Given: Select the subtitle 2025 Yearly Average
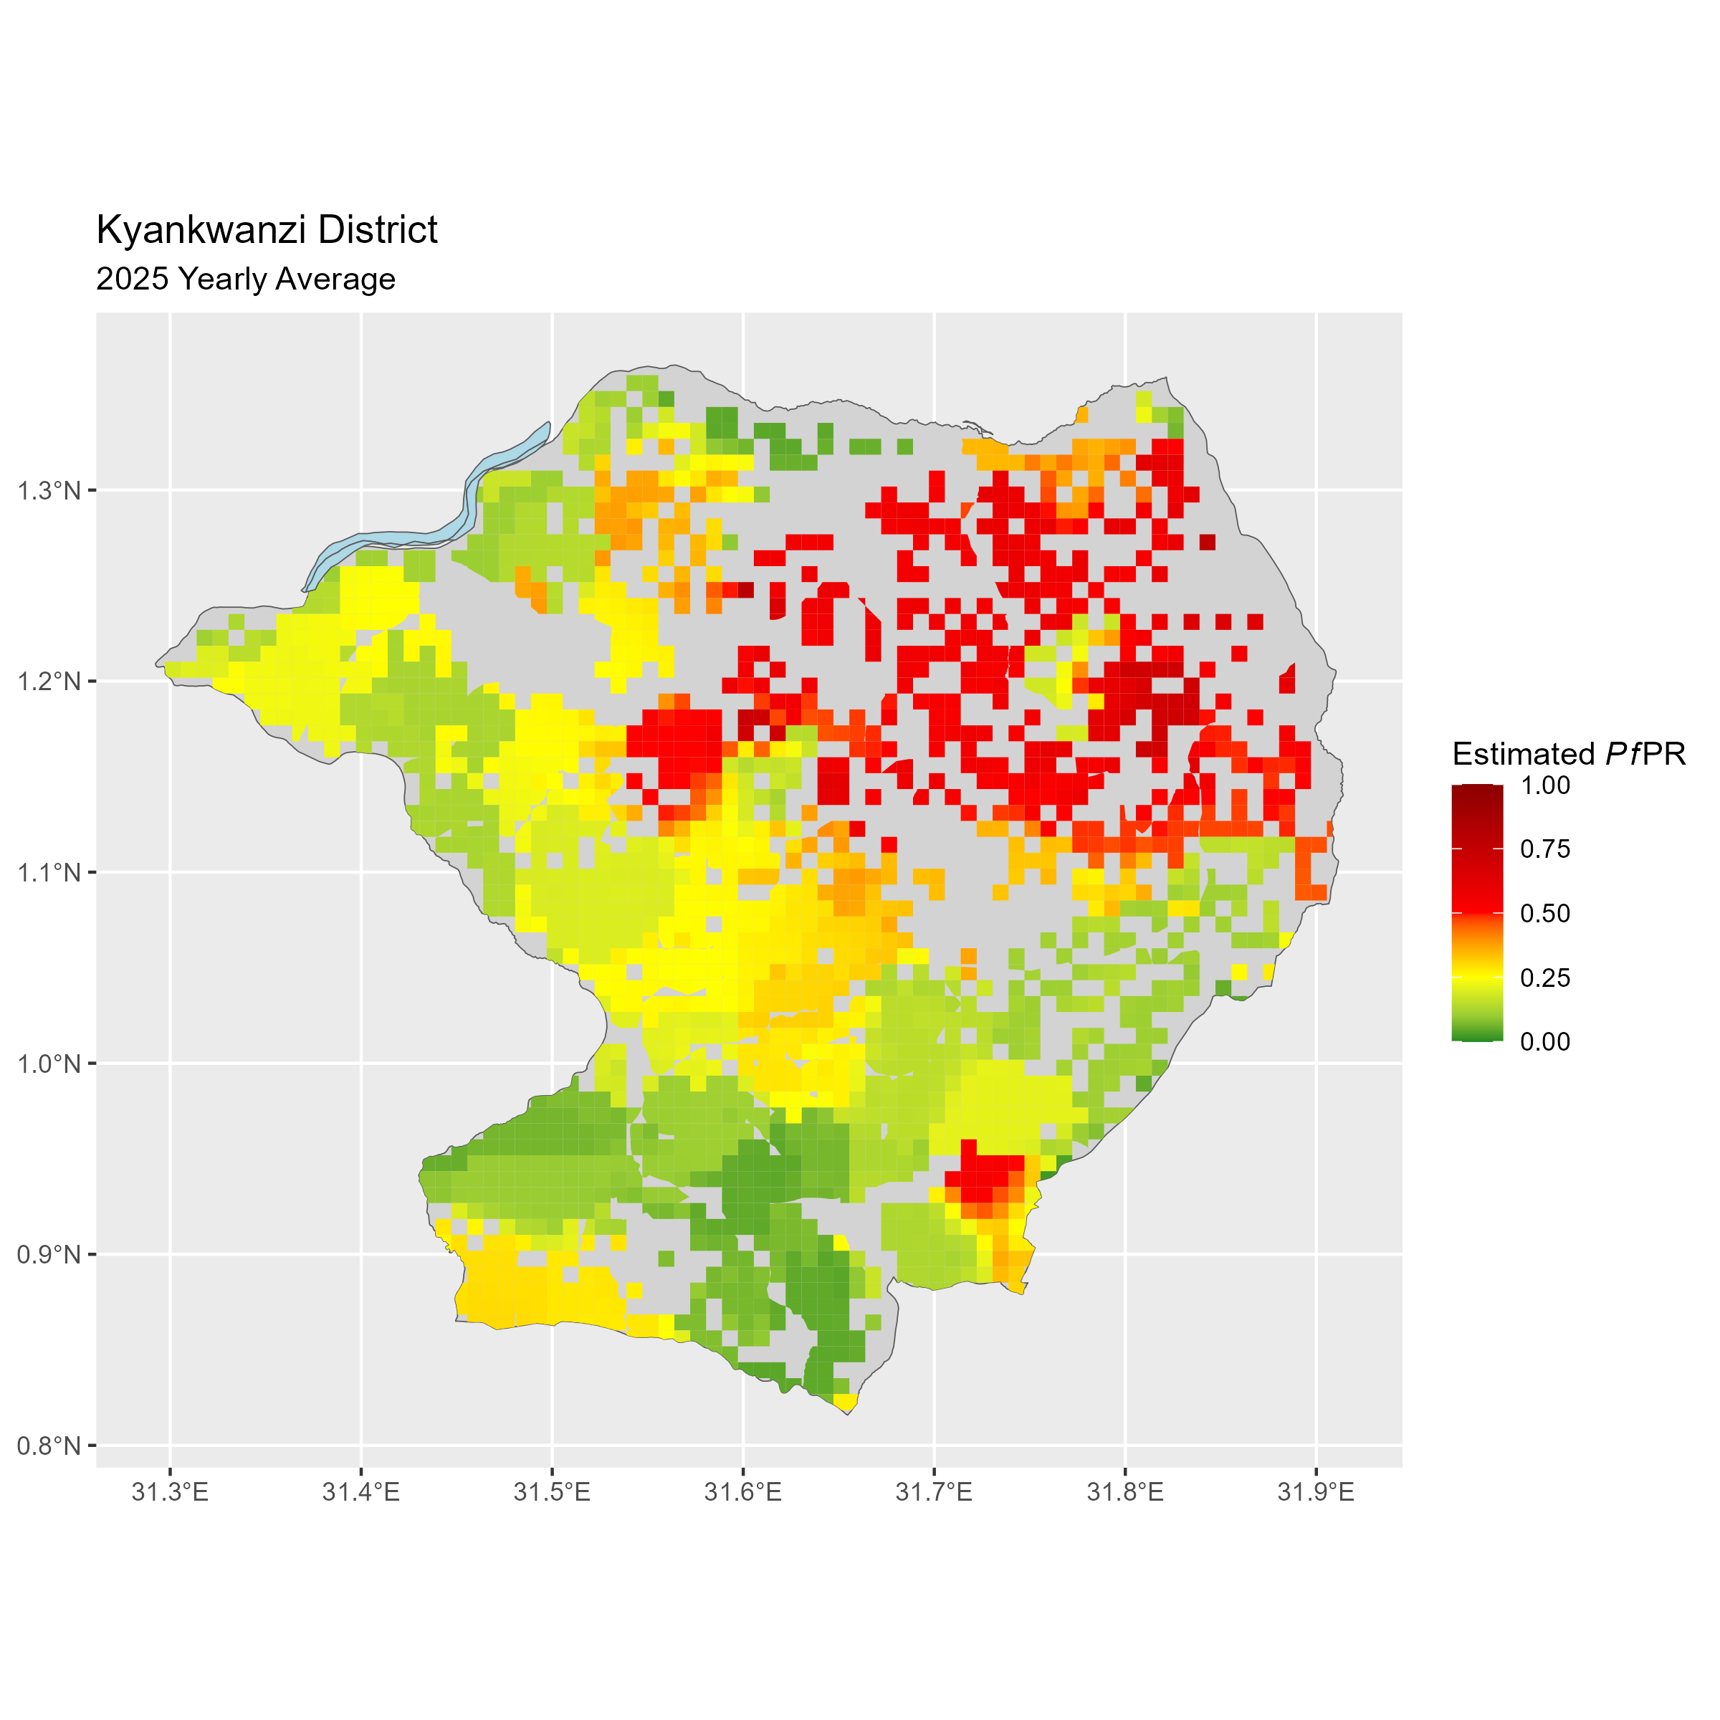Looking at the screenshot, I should [245, 279].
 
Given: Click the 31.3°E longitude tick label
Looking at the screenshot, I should [170, 1492].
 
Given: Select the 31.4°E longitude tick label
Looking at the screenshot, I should [360, 1492].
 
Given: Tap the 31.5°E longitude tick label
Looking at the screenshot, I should [552, 1492].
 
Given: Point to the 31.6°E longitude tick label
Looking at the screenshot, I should [742, 1492].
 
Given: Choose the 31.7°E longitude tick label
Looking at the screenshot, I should [934, 1492].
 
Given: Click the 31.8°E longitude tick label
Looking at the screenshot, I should [1125, 1492].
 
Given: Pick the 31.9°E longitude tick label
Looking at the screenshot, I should [1316, 1492].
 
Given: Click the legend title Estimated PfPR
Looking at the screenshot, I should [1569, 754].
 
